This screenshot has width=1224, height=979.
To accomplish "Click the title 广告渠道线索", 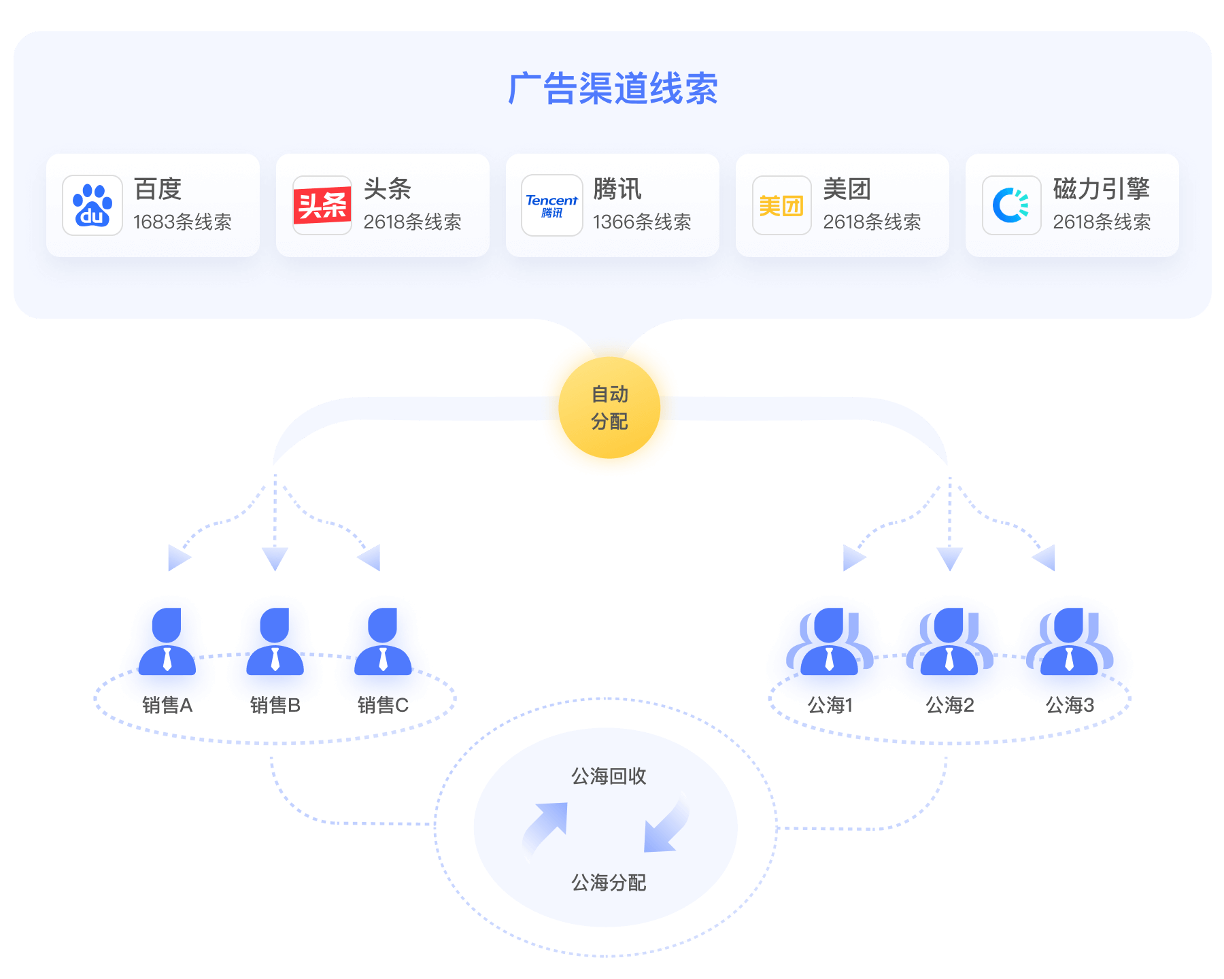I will point(613,89).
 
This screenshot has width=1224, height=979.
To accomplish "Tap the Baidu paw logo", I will point(92,205).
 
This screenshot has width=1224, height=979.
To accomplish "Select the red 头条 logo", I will point(322,205).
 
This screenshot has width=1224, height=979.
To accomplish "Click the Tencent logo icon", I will point(551,205).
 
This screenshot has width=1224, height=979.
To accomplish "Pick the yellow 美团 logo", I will point(781,205).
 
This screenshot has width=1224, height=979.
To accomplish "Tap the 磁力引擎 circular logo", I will point(1011,205).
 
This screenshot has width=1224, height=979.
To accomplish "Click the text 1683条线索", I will point(182,222).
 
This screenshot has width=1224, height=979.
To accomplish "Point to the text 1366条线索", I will point(642,222).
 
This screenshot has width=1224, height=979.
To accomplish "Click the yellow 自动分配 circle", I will point(609,407).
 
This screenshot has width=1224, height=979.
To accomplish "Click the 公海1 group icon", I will point(829,649).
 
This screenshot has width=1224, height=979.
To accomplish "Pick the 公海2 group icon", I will point(949,649).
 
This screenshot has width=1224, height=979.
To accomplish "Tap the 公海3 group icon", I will point(1069,649).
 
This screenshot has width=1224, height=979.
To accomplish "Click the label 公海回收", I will point(609,776).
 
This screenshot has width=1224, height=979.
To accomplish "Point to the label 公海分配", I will point(609,882).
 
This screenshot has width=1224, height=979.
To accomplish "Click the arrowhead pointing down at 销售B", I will point(275,558).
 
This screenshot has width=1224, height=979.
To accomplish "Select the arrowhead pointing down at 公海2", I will point(949,558).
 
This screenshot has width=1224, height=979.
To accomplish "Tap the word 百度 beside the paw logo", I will point(158,189).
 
